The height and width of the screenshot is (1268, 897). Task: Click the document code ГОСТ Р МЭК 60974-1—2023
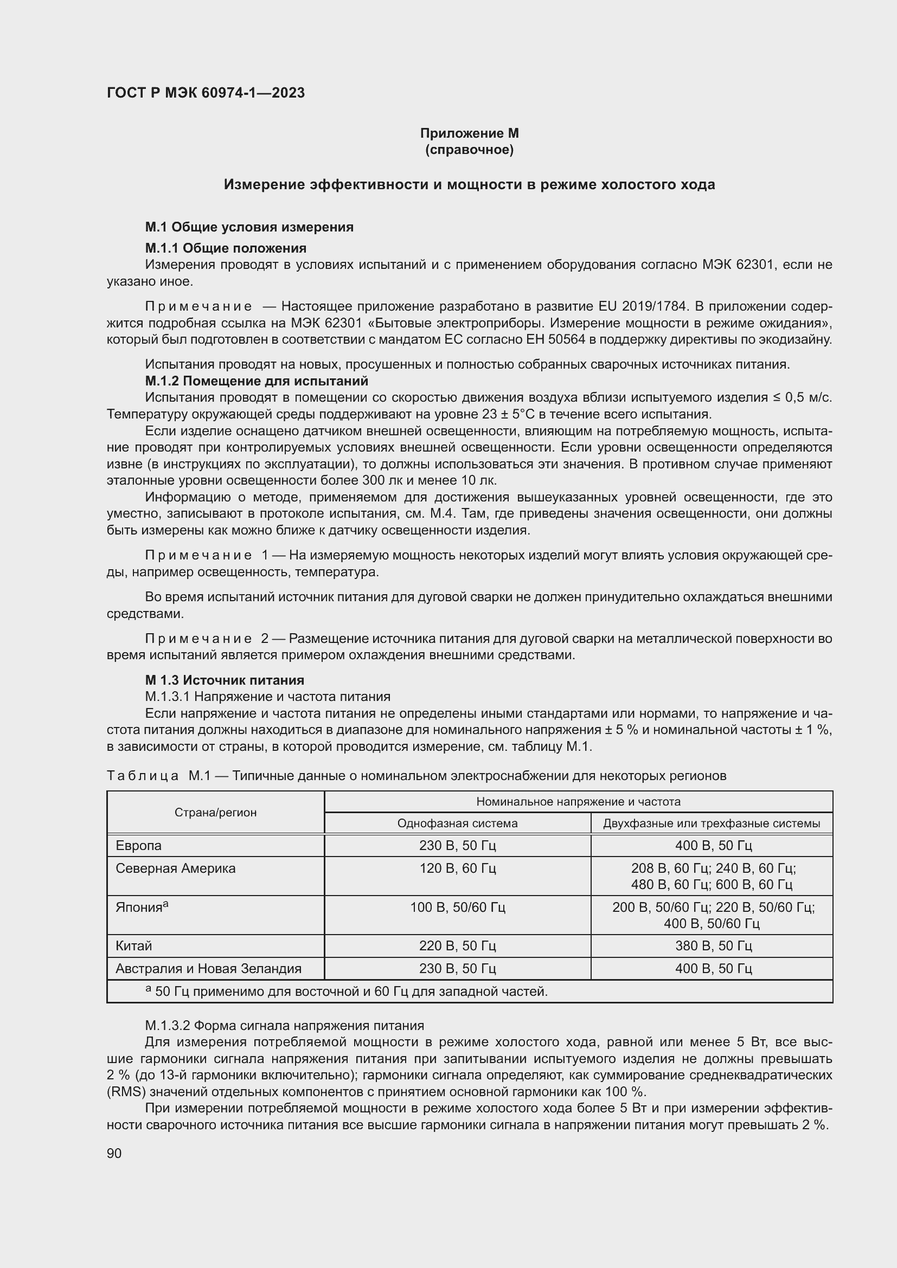click(x=206, y=93)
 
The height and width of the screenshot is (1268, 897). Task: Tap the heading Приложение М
click(x=469, y=133)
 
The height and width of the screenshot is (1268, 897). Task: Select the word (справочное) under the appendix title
click(x=469, y=150)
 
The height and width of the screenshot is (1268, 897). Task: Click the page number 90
click(x=114, y=1153)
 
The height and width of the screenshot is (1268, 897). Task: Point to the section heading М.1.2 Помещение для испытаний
click(x=257, y=381)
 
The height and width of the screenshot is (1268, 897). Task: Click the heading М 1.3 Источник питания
click(x=225, y=680)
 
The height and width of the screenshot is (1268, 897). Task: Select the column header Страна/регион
click(x=215, y=813)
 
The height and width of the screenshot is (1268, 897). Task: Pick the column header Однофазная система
click(x=457, y=823)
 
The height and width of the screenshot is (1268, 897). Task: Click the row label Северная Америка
click(x=176, y=868)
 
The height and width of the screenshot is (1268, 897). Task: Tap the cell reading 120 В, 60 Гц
click(x=457, y=868)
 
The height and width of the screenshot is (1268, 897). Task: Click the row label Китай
click(x=133, y=946)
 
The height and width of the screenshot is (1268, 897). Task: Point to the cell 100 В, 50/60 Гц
click(x=457, y=907)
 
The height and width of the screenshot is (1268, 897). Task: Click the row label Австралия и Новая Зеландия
click(x=208, y=969)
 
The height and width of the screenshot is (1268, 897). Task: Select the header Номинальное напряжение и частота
click(x=578, y=801)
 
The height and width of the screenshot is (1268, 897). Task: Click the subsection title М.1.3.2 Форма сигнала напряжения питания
click(x=285, y=1026)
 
